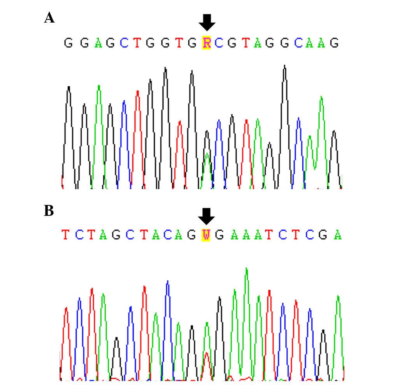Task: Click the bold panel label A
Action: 49,17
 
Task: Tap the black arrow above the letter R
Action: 207,23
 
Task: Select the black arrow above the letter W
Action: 206,216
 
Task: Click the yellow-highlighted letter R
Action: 206,43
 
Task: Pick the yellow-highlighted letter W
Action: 206,235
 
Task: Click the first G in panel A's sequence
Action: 68,43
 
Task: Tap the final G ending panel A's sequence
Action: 334,43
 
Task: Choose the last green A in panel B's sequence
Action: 338,235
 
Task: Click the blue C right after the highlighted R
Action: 219,43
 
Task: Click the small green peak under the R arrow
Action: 207,156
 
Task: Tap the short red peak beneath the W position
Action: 206,354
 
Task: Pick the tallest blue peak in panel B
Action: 167,282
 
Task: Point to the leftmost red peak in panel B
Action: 67,309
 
